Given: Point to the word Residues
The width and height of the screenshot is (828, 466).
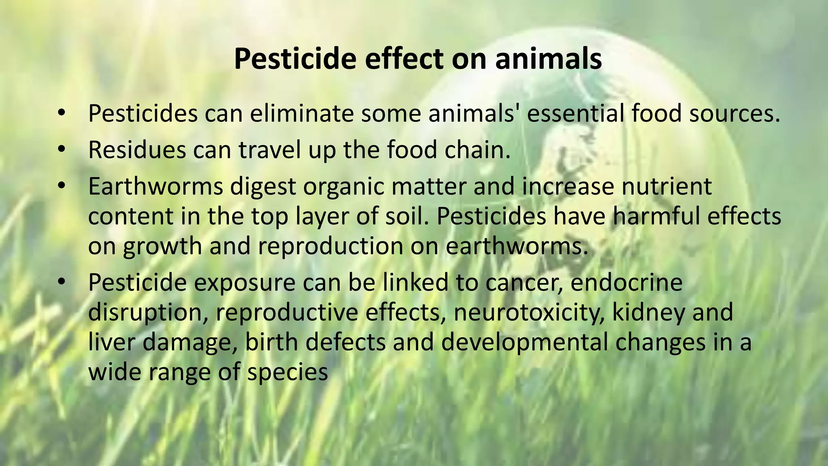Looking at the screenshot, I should coord(137,150).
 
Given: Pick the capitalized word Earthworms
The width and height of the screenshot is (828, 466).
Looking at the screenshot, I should coord(155,186).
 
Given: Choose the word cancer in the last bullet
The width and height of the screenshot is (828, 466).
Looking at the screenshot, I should coord(524,282).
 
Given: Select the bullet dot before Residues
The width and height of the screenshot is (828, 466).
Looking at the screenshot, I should coord(61,149).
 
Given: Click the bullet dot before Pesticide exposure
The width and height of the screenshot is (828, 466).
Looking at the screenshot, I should coord(61,281).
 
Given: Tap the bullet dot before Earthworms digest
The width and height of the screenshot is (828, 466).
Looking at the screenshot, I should coord(61,185).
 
